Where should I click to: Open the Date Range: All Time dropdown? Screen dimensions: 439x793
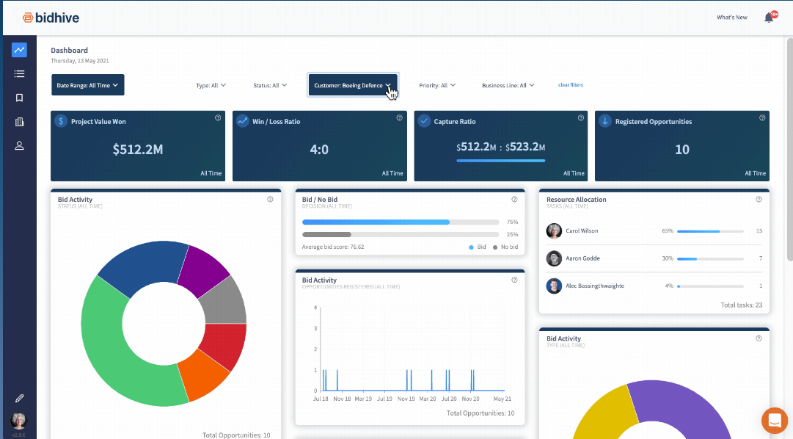87,85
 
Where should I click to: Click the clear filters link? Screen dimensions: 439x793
571,85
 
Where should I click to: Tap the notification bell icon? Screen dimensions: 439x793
769,18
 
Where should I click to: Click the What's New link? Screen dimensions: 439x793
731,18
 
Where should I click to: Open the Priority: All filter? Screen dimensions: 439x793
437,85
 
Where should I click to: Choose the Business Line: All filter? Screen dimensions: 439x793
508,85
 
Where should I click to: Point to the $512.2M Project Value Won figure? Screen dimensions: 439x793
137,150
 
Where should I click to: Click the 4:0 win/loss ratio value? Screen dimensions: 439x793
319,150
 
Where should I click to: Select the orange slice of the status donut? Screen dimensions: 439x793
203,374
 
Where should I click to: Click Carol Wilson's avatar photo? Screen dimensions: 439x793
554,231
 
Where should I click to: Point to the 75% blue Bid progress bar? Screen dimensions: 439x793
376,222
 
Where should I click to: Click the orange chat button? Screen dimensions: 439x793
774,421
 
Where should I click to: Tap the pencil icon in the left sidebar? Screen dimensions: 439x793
19,398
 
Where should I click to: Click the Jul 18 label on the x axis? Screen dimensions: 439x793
321,399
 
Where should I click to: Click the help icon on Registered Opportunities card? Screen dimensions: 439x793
762,117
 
